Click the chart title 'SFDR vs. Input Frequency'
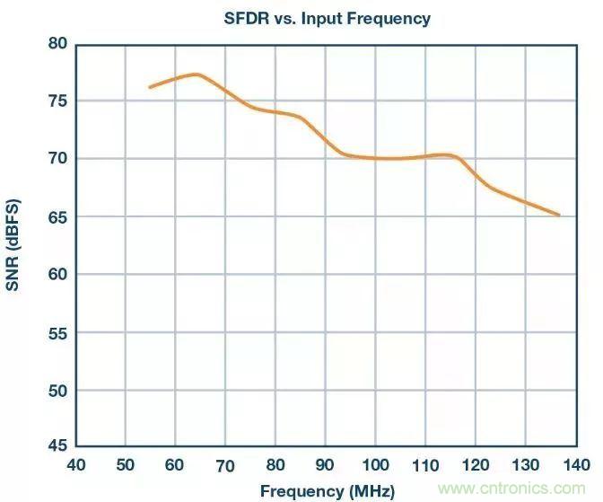327,18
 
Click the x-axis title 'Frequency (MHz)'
314,491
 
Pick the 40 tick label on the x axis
76,465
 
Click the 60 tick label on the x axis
176,465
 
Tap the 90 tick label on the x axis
326,465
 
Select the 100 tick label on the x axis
375,465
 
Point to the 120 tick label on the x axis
476,465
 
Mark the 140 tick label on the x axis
575,465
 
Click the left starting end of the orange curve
150,87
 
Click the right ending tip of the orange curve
559,215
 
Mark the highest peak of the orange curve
196,74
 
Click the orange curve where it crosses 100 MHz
375,158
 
